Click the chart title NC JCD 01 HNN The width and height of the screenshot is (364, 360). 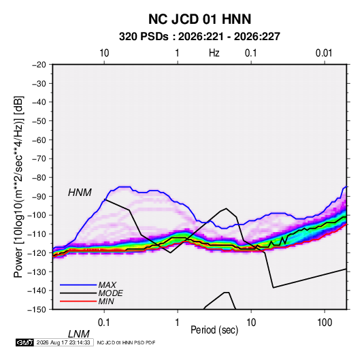pos(199,19)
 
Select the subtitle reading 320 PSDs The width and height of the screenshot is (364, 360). pos(144,37)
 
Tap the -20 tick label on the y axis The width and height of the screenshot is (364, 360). pos(39,65)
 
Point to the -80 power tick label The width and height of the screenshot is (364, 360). pos(39,178)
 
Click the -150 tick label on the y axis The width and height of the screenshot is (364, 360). pos(37,310)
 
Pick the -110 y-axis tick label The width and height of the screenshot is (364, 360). pos(37,234)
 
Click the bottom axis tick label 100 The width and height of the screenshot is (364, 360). pos(325,323)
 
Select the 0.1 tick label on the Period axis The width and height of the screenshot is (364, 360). pos(104,323)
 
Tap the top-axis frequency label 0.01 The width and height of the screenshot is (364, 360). pos(324,53)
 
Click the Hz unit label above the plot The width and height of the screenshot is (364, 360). pos(214,53)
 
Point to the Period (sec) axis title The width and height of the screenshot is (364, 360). pos(214,330)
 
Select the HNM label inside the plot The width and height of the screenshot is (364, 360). pos(80,193)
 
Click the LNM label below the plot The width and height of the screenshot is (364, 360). pos(79,334)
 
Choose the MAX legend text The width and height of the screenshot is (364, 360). pos(107,284)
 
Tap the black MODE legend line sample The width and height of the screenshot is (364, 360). pos(78,293)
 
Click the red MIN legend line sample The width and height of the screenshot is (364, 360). pos(78,301)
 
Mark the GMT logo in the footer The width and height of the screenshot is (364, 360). pos(25,342)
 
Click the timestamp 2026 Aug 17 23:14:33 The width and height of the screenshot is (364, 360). pos(63,342)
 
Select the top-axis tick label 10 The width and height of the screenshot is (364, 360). pos(104,53)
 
